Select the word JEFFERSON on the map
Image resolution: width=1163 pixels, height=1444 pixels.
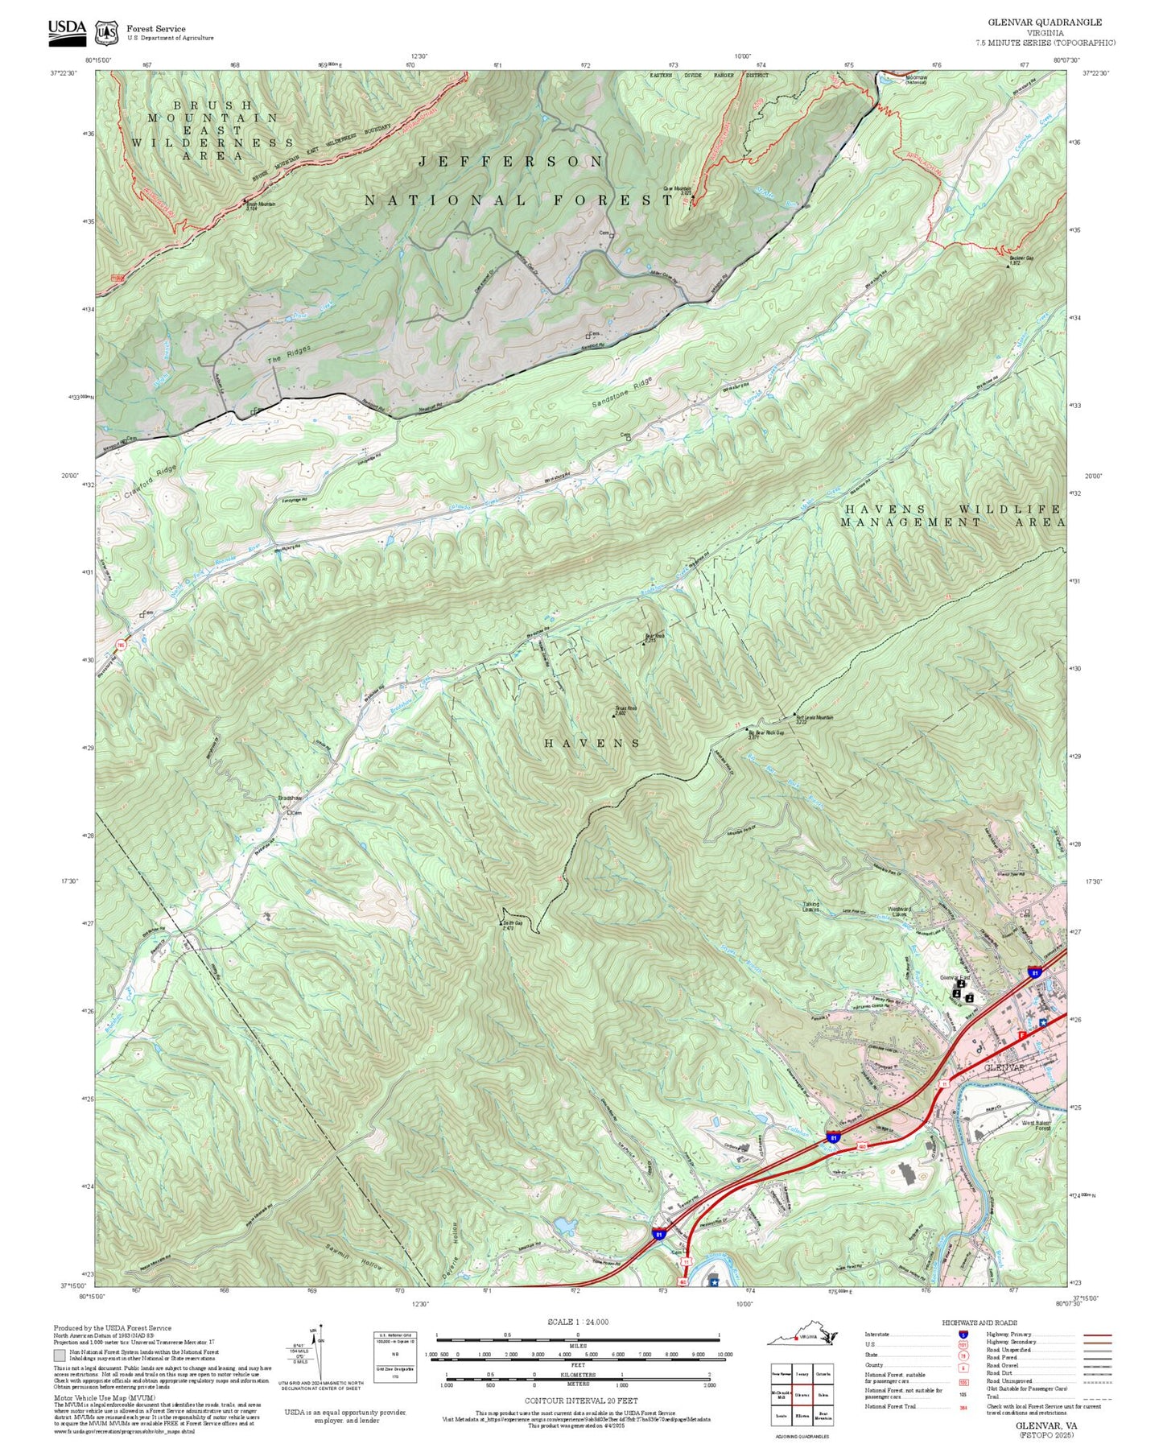(x=510, y=162)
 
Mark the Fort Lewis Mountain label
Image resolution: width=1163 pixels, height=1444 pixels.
(x=815, y=717)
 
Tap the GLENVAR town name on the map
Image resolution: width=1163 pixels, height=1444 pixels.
(x=1004, y=1066)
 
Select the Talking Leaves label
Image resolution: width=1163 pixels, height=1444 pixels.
(x=810, y=907)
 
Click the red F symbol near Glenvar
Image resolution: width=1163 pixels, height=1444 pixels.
(x=1021, y=1034)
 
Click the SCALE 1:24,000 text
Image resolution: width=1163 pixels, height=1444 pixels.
(x=577, y=1322)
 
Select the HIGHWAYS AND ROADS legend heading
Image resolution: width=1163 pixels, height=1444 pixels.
(x=979, y=1322)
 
